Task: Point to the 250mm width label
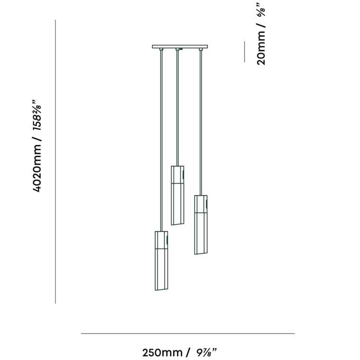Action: point(162,352)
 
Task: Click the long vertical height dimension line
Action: point(55,161)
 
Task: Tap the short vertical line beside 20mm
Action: point(244,51)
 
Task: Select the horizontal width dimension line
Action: point(187,333)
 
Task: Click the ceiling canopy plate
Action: point(180,46)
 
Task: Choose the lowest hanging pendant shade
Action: point(161,261)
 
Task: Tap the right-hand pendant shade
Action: point(201,224)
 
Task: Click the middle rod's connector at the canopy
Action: point(177,49)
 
